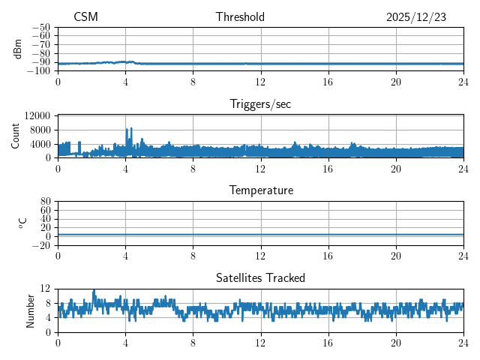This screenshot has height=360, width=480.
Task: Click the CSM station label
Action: coord(85,17)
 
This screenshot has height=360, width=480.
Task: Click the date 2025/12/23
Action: coord(416,17)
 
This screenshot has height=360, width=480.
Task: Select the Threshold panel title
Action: coord(240,17)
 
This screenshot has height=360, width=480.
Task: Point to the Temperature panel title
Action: coord(260,191)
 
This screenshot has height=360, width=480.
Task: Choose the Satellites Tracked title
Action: coord(260,278)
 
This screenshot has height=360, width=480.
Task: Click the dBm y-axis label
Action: coord(18,49)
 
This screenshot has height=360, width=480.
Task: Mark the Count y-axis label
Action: coord(16,136)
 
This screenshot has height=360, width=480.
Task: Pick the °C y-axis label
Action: coord(22,223)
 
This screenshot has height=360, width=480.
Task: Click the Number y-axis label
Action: coord(30,310)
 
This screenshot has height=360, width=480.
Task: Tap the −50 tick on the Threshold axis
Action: coord(40,27)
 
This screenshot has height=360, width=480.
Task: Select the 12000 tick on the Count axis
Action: coord(37,115)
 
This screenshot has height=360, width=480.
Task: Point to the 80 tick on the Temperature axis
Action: coord(45,202)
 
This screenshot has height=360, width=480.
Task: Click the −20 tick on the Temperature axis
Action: coord(40,245)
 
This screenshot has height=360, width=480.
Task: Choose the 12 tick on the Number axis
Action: coord(45,289)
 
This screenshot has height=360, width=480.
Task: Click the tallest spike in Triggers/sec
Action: coord(127,128)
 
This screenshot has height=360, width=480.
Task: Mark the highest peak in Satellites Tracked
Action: coord(94,290)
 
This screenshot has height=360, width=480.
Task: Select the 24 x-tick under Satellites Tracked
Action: coord(463,343)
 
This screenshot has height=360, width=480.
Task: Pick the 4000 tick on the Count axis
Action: coord(40,144)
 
